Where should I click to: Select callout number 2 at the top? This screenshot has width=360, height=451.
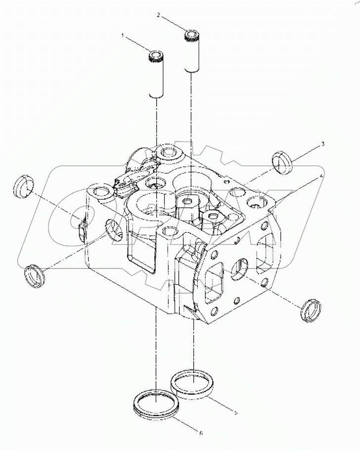pos(159,15)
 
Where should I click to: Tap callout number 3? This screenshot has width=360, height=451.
pos(322,144)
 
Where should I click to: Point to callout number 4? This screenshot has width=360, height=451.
pos(322,176)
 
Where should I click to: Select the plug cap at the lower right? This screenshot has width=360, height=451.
pos(311,311)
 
